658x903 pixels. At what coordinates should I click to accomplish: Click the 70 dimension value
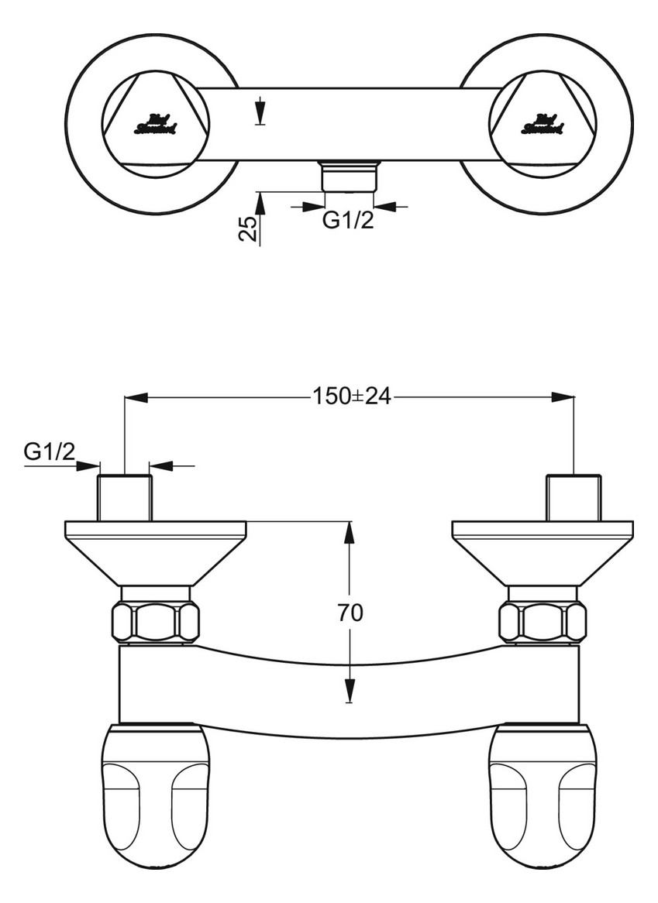coord(351,612)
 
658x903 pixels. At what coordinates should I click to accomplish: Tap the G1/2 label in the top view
coord(348,221)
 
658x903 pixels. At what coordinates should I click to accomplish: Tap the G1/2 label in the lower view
coord(50,451)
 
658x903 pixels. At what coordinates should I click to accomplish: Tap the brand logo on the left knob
coord(155,124)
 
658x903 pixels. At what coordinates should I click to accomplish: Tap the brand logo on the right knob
coord(543,124)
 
